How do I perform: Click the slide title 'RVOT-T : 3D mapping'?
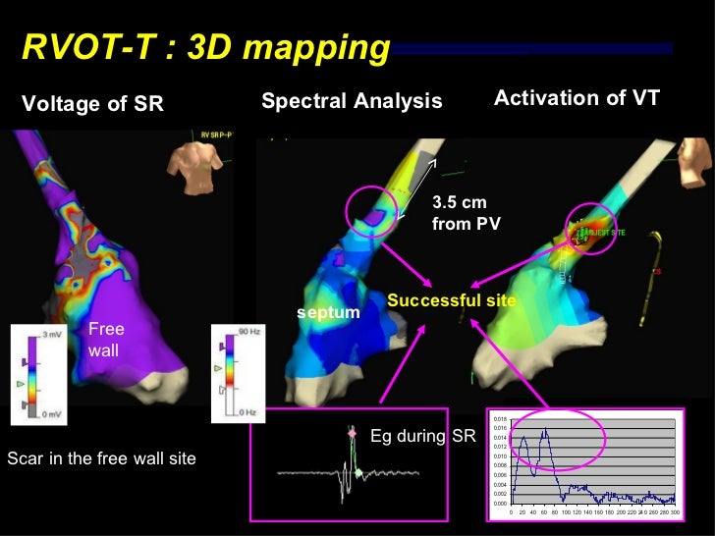coord(205,47)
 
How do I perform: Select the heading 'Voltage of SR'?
coord(92,104)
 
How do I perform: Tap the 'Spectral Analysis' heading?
coord(352,101)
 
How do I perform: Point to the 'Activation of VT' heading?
coord(577,97)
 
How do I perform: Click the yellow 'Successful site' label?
coord(452,300)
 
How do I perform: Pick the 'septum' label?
coord(328,312)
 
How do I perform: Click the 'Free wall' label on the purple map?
coord(106,338)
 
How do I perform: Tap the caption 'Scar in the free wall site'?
coord(102,457)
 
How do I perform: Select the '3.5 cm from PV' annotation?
coord(466,213)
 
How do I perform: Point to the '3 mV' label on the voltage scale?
coord(49,334)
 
